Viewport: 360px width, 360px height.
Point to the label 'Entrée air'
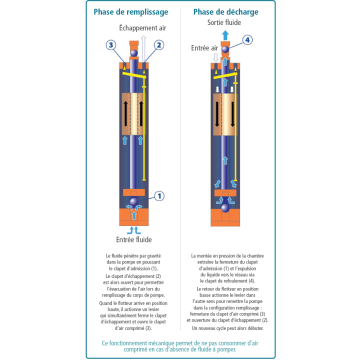(206, 47)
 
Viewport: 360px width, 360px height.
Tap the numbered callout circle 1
(158, 197)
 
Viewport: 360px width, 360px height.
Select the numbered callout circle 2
(158, 45)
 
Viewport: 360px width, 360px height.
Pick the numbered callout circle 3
(111, 45)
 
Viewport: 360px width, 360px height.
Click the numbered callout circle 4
(247, 40)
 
